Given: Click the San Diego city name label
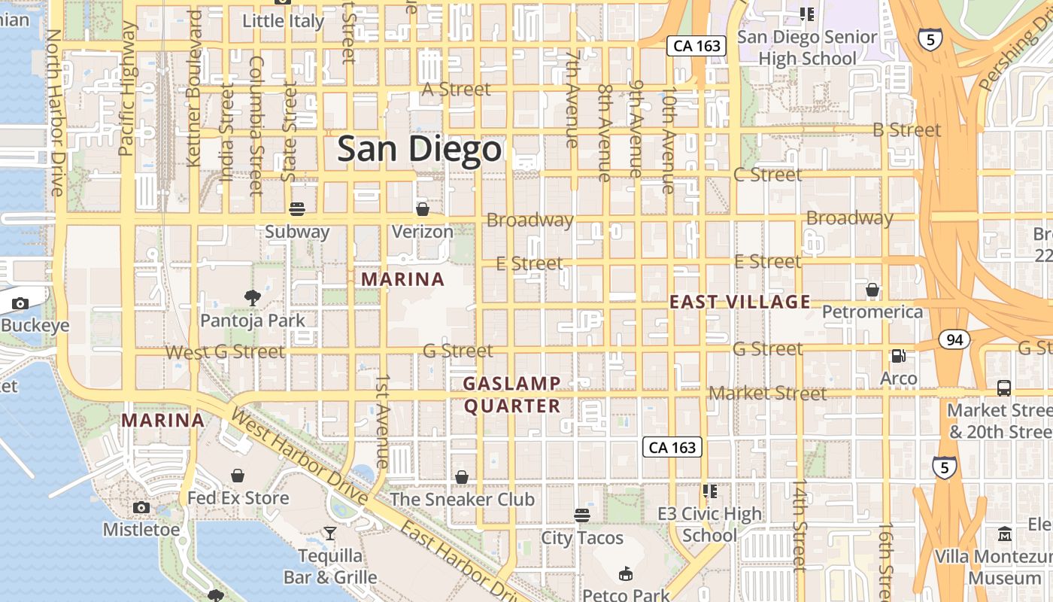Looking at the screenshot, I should [419, 149].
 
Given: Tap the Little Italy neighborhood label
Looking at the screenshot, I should [283, 20].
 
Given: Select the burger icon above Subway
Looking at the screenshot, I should [297, 208].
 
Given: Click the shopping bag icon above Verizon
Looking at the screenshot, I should [423, 208].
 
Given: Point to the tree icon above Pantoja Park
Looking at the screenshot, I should [253, 298].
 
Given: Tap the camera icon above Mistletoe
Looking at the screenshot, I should [141, 507].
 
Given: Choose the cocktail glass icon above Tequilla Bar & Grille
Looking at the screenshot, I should [330, 534].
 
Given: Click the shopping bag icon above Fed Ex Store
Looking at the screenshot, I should [238, 476].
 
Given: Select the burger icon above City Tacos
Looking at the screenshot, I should [582, 515].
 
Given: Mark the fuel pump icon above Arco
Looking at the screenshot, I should [898, 356].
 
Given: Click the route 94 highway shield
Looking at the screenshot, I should [954, 340].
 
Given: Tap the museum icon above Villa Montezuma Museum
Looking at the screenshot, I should [1005, 535].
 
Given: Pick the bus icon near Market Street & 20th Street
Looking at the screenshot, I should [1004, 388].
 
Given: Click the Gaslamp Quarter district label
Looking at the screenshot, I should [512, 395].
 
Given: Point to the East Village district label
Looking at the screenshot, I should [740, 303].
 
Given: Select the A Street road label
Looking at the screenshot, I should [456, 89].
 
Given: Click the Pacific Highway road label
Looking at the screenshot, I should [127, 88].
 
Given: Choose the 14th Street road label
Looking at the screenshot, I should [800, 524].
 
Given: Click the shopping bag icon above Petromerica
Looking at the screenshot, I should [872, 290].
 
